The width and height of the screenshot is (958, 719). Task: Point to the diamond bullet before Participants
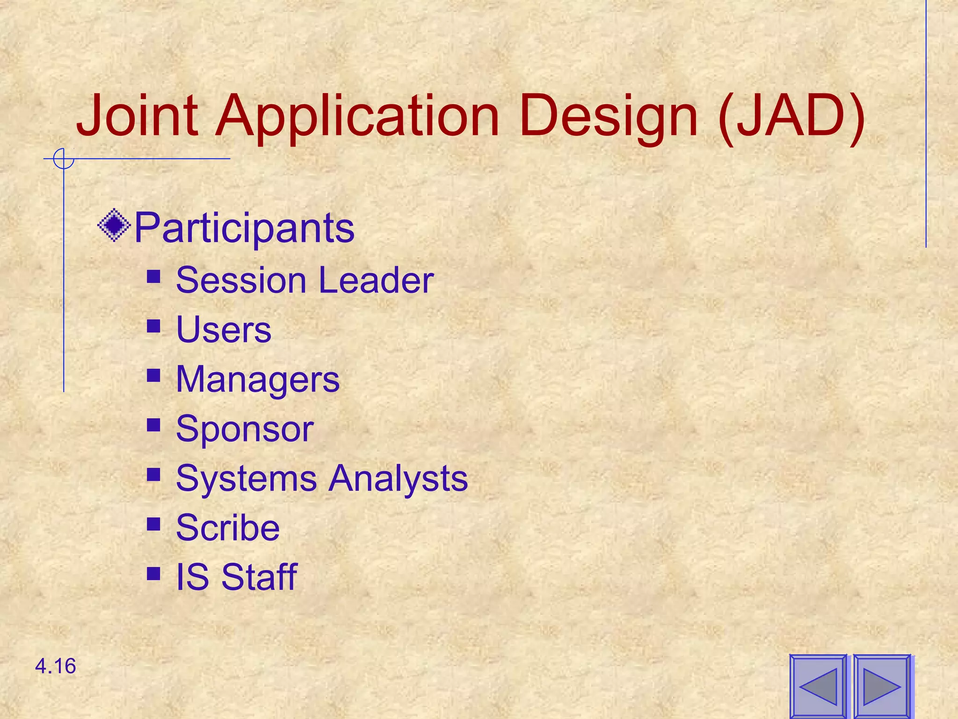[114, 226]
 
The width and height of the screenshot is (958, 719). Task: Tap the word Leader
[376, 280]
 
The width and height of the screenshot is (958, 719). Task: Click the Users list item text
[223, 330]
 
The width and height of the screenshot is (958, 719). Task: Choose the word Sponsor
[244, 429]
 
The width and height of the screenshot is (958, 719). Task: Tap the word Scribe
[227, 528]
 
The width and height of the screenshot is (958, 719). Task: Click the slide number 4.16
[55, 666]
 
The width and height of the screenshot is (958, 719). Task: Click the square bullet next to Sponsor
[153, 425]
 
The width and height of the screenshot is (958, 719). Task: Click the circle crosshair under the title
[63, 159]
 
